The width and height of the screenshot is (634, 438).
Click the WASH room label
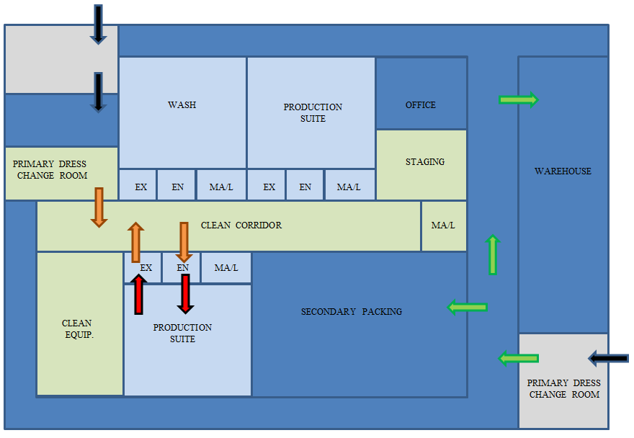(x=182, y=105)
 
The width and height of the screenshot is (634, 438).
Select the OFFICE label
(x=420, y=105)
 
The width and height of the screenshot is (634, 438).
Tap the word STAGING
(x=424, y=162)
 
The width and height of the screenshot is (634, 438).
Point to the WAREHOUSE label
(x=563, y=171)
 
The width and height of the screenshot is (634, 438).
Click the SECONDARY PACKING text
(x=352, y=312)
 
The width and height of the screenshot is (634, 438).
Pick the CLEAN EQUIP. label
(x=77, y=329)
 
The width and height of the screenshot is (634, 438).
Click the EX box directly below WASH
(x=141, y=187)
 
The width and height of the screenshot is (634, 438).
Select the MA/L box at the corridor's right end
(x=443, y=225)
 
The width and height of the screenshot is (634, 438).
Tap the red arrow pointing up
(x=139, y=295)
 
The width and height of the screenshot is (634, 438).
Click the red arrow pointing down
(x=185, y=294)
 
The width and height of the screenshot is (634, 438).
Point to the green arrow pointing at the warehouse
(x=518, y=99)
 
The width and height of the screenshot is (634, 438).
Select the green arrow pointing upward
(x=493, y=254)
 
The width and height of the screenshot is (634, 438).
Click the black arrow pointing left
(x=608, y=358)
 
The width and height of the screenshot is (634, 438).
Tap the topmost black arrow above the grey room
(x=99, y=24)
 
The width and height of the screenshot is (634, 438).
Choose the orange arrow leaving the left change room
(x=99, y=207)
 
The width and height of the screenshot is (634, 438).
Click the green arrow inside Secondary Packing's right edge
(x=468, y=308)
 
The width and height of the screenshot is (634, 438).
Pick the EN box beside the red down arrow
(x=182, y=268)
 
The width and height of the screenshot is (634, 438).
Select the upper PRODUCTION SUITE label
(x=313, y=113)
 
